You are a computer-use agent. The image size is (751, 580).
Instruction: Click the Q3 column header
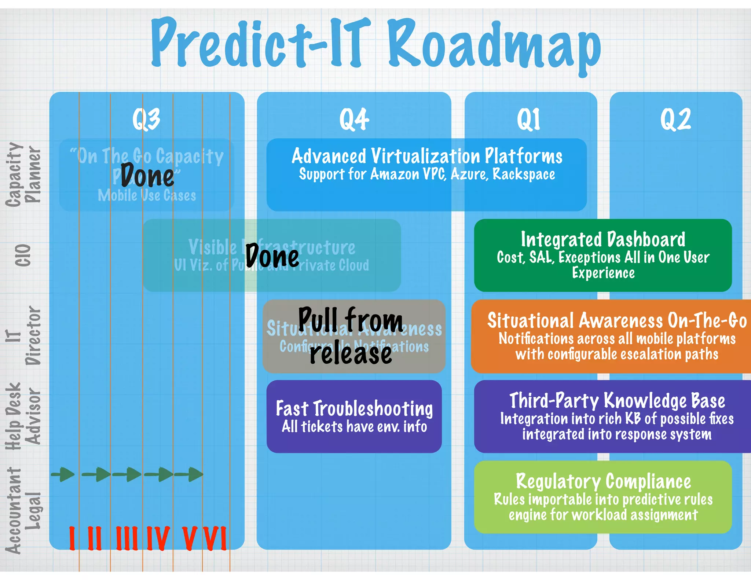point(146,119)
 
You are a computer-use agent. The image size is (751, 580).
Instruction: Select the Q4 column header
point(354,119)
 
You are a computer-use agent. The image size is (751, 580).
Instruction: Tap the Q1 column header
point(528,119)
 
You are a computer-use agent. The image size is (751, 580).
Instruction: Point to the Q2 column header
point(675,119)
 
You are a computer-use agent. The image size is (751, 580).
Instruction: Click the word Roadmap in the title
point(494,46)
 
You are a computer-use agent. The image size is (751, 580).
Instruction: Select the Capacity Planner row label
point(23,174)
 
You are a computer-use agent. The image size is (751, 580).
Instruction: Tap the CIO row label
point(23,255)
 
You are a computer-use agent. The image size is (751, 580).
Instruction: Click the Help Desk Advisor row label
point(23,416)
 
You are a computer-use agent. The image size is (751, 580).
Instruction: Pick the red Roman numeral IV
point(158,538)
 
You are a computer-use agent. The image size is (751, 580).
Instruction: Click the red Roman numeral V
point(190,538)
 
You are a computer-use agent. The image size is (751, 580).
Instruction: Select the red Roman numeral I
point(72,538)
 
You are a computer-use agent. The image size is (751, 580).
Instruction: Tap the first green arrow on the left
point(63,474)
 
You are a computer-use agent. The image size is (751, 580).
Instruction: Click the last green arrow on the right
point(189,474)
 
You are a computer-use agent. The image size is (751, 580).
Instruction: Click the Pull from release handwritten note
point(351,336)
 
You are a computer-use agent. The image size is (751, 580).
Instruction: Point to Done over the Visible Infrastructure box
point(272,256)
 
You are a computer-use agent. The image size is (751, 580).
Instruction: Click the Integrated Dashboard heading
point(603,239)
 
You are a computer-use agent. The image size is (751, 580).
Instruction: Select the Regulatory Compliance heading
point(603,481)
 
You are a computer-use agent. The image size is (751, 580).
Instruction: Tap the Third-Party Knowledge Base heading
point(617,400)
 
